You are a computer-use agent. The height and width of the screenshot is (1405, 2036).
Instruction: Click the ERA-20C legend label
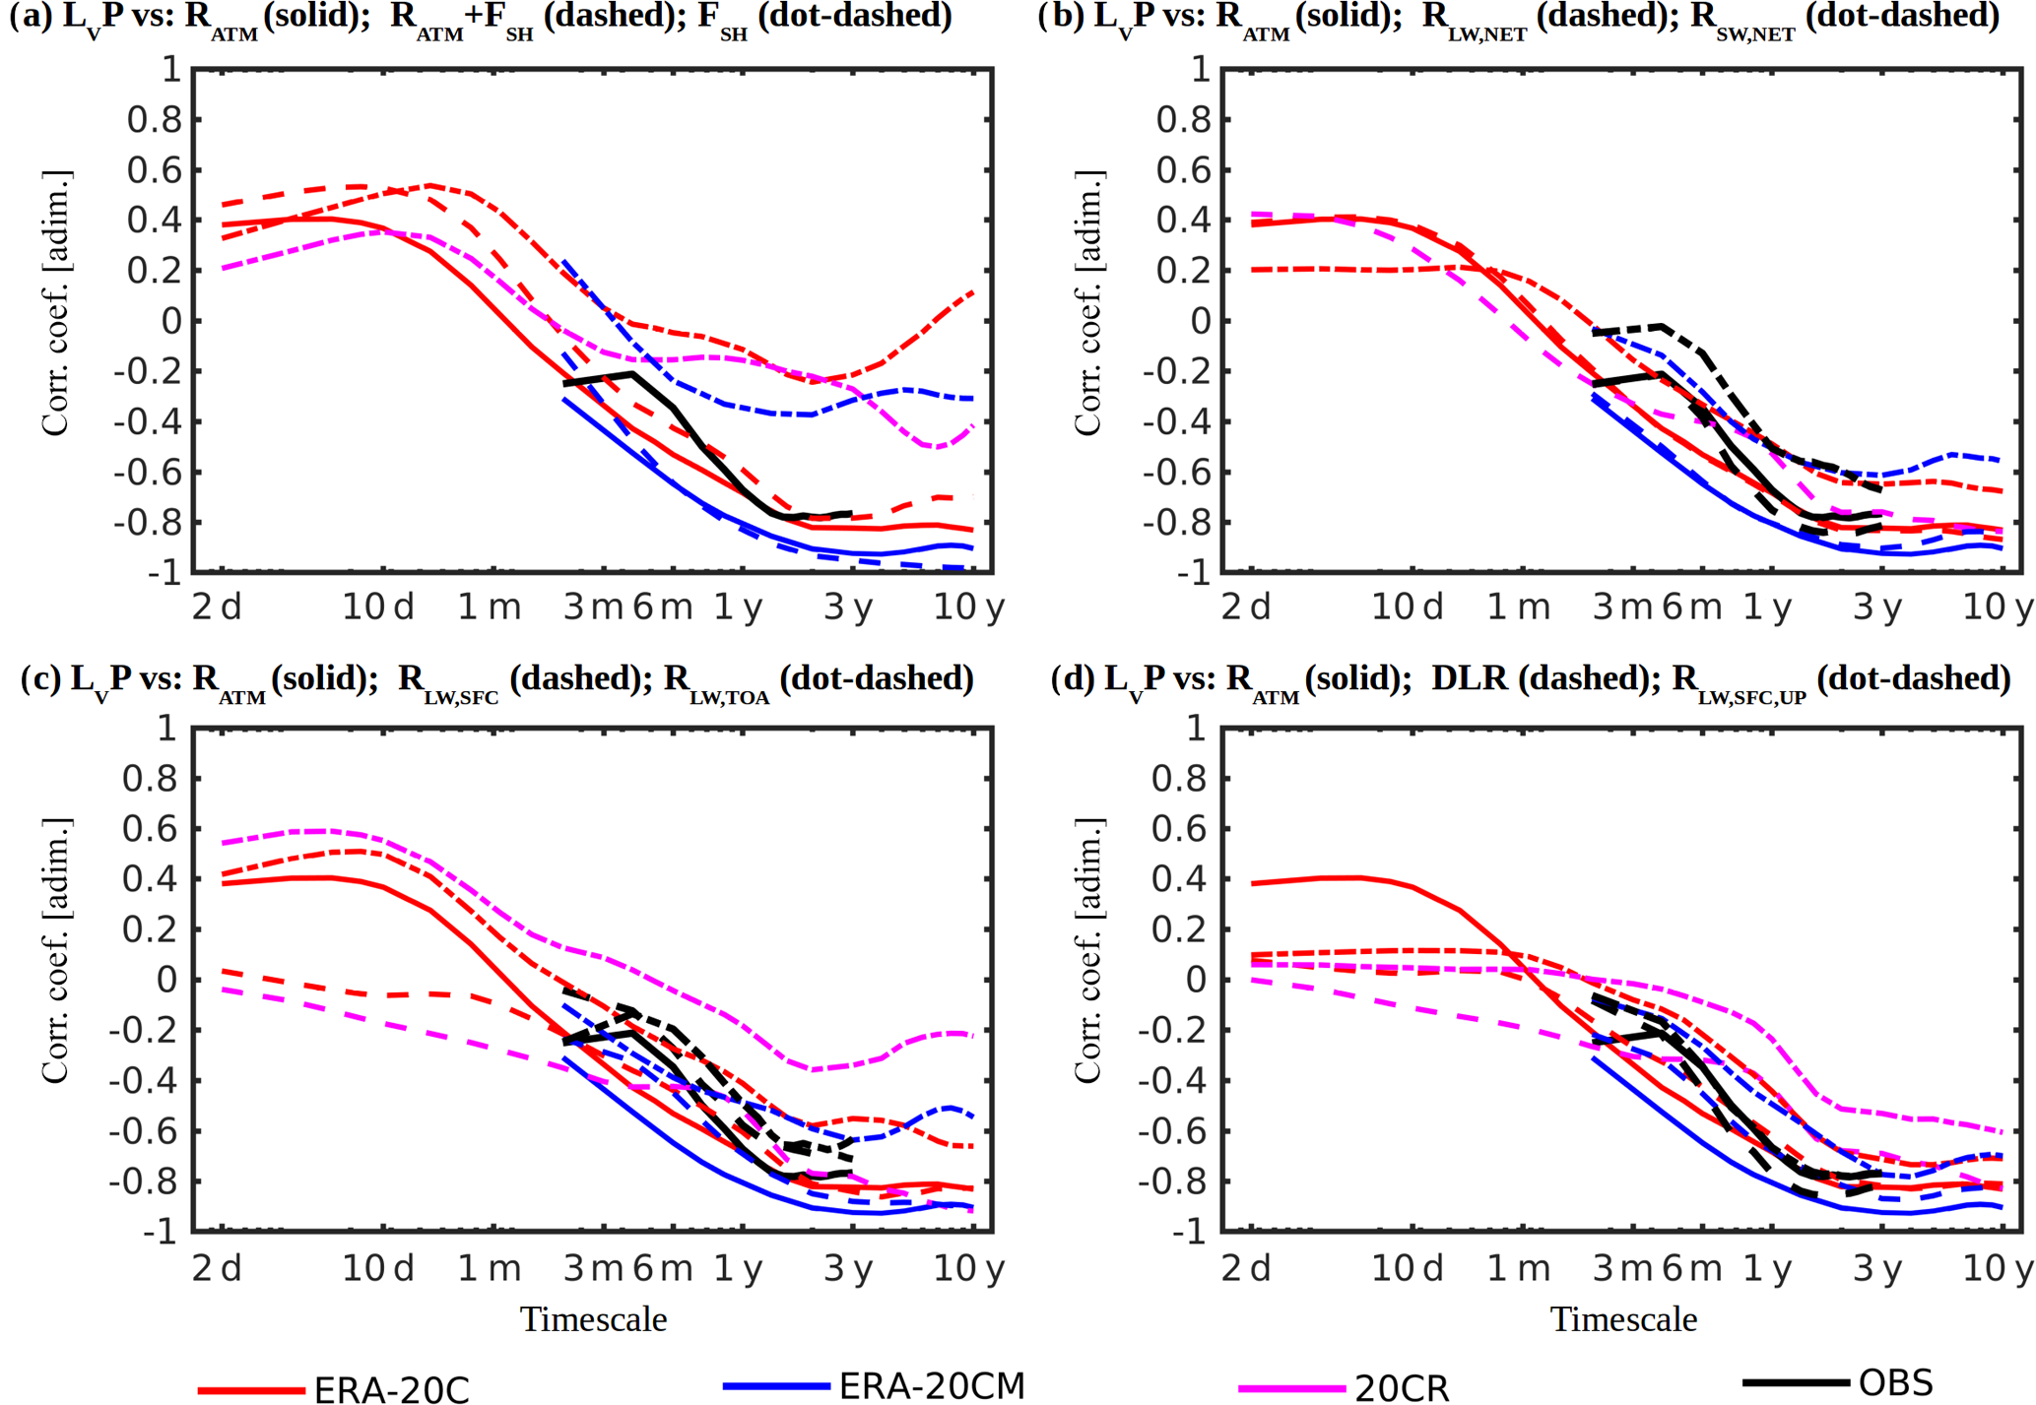click(x=391, y=1389)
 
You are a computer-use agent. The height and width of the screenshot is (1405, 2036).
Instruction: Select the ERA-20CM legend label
click(x=931, y=1385)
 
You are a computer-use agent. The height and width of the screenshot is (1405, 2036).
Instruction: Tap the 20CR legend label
click(x=1402, y=1388)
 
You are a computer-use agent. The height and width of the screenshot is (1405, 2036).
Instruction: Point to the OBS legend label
click(x=1896, y=1382)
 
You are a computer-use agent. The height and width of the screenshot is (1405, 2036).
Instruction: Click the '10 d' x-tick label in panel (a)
click(x=378, y=607)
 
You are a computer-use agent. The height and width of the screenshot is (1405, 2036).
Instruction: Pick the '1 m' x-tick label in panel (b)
click(x=1518, y=607)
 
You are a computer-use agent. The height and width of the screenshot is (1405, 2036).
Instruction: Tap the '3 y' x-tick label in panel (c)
click(x=848, y=1268)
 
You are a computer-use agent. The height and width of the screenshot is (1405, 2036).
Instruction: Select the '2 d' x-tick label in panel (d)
click(x=1246, y=1268)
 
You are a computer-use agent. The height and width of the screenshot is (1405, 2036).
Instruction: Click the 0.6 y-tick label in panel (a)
click(x=154, y=170)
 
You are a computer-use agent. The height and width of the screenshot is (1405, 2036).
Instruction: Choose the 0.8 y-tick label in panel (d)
click(x=1183, y=779)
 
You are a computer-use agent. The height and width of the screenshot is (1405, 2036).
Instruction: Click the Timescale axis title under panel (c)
click(x=593, y=1319)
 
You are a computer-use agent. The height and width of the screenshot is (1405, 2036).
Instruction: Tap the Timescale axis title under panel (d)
click(x=1623, y=1319)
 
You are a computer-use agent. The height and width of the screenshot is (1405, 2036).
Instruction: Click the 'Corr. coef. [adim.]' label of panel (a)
click(x=56, y=303)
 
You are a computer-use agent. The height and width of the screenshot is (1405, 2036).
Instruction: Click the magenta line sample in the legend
click(x=1291, y=1388)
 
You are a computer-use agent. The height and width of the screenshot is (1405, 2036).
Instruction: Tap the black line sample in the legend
click(x=1795, y=1382)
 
